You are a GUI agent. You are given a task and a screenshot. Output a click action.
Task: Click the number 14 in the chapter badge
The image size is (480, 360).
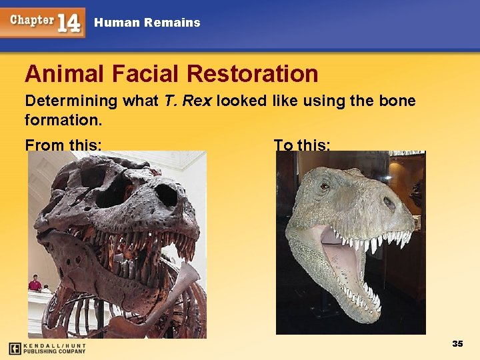coord(69,23)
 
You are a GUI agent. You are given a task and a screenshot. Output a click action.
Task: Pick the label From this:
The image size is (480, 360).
coord(63,144)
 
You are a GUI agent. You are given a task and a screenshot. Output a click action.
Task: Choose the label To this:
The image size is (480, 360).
coord(301,144)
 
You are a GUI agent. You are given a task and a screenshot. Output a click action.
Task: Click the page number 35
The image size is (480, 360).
coord(457,344)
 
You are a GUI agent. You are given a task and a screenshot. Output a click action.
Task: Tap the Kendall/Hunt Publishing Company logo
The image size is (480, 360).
coord(47,348)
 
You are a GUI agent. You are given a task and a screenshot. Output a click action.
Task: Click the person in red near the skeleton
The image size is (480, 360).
coord(35,284)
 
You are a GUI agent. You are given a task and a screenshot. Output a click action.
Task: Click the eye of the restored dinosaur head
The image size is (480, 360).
coord(325,186)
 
